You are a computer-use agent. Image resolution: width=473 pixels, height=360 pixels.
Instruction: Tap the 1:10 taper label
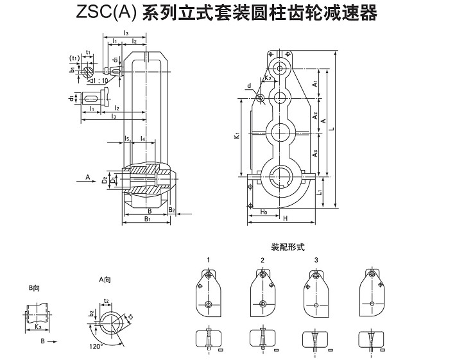click(x=100, y=80)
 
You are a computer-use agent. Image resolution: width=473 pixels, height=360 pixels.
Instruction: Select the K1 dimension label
click(x=237, y=135)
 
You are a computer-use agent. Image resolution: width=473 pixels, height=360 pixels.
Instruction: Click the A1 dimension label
click(x=314, y=83)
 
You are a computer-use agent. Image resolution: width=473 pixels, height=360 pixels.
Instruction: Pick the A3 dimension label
click(x=314, y=153)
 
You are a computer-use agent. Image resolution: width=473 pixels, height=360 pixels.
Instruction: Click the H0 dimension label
click(x=264, y=210)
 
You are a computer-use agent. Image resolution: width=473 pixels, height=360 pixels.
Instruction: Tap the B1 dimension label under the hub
click(x=147, y=219)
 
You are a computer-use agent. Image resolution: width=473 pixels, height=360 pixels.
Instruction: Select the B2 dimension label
click(x=171, y=209)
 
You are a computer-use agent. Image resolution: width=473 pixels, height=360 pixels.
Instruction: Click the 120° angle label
click(x=96, y=345)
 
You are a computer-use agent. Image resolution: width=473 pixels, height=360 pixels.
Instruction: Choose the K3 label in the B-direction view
click(x=39, y=327)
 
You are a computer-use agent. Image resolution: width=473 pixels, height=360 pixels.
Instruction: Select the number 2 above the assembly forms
click(x=262, y=259)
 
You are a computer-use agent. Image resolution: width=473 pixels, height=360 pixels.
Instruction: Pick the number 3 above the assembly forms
click(x=316, y=259)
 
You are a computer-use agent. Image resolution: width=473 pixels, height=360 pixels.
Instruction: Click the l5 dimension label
click(x=128, y=139)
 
